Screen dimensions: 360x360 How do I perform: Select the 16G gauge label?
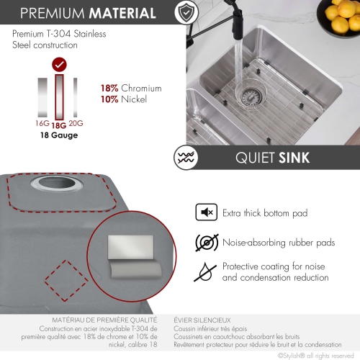pyautogui.click(x=42, y=123)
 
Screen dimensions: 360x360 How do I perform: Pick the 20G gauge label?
pyautogui.click(x=76, y=123)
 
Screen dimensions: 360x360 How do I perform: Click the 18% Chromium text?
pyautogui.click(x=131, y=88)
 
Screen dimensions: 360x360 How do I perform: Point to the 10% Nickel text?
pyautogui.click(x=124, y=99)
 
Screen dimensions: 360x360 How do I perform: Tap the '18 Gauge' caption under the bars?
pyautogui.click(x=60, y=135)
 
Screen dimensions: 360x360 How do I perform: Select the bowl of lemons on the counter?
pyautogui.click(x=341, y=14)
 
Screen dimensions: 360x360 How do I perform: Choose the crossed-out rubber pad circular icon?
pyautogui.click(x=207, y=243)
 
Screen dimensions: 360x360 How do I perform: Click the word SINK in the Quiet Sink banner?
pyautogui.click(x=295, y=158)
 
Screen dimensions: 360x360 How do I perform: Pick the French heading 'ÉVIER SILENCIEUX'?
pyautogui.click(x=202, y=319)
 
